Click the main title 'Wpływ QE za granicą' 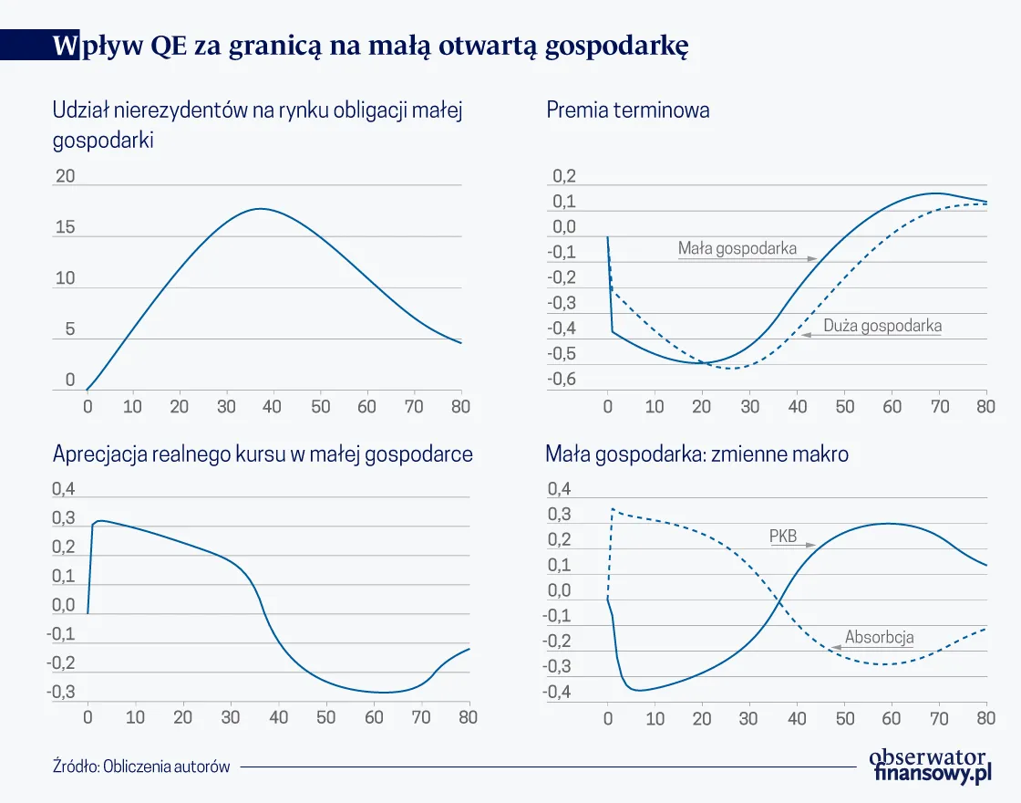point(369,45)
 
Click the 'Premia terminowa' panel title point(627,111)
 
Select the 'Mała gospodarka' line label point(737,248)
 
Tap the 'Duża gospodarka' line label point(882,326)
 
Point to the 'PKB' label point(782,537)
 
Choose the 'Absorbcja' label point(879,637)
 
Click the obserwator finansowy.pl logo point(929,764)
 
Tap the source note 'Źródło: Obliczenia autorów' point(141,766)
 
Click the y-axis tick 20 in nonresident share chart point(65,176)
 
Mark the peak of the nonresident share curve point(260,209)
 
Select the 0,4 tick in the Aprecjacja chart point(63,490)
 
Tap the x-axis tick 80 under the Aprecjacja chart point(468,717)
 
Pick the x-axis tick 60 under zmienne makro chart point(891,718)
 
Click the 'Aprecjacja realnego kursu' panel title point(263,454)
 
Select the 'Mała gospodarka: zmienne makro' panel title point(696,454)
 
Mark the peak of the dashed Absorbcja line point(613,509)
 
